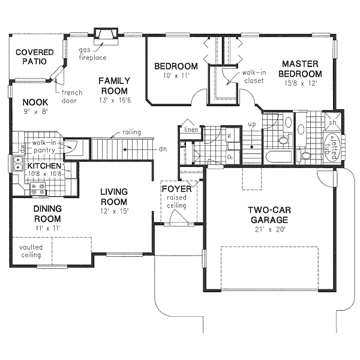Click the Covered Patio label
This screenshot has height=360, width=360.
(x=35, y=56)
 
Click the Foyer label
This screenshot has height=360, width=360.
(x=176, y=190)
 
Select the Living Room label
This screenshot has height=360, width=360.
(x=114, y=197)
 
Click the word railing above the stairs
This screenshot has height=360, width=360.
(x=131, y=131)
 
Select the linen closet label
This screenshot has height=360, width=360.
(x=191, y=129)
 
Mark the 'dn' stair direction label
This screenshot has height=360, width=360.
(x=163, y=148)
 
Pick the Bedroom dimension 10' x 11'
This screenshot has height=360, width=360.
(x=174, y=76)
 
